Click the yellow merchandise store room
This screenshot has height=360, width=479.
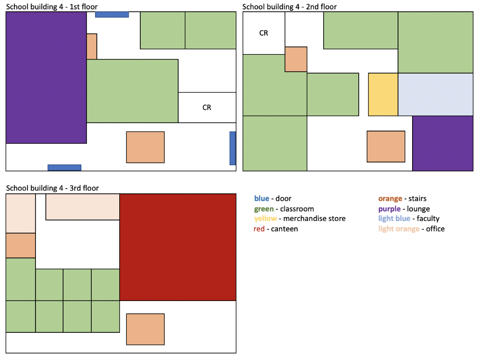[383, 94]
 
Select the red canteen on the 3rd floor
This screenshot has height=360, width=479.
[178, 247]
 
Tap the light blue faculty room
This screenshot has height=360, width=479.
[435, 94]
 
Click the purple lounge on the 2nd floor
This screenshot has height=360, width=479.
[443, 143]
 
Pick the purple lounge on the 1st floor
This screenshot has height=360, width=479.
[46, 77]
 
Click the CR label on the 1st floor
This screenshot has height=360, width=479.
[207, 108]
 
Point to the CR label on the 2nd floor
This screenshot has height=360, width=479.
[264, 33]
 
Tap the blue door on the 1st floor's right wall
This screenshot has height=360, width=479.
[232, 148]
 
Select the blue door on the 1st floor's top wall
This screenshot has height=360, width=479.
[112, 15]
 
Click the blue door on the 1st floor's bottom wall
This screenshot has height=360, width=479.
[65, 168]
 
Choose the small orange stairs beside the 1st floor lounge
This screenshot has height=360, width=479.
[92, 46]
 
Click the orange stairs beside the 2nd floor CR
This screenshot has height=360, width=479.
[296, 59]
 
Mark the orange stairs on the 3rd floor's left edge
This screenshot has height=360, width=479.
[21, 245]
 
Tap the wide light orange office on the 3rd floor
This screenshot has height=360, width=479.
[83, 207]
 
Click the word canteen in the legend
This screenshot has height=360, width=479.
[284, 229]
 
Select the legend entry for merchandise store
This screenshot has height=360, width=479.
[314, 219]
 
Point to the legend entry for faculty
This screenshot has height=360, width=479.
[428, 219]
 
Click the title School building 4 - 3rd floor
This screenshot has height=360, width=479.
[52, 188]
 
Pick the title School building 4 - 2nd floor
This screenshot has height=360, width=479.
[290, 7]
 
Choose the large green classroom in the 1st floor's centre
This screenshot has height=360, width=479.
[132, 91]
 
